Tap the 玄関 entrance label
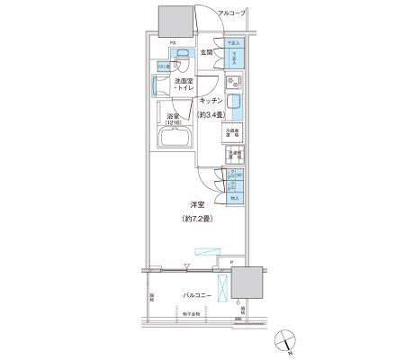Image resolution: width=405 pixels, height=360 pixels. point(206,52)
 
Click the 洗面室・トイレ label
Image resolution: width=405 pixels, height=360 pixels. point(186,85)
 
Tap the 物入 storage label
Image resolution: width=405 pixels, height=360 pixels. point(234,197)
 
